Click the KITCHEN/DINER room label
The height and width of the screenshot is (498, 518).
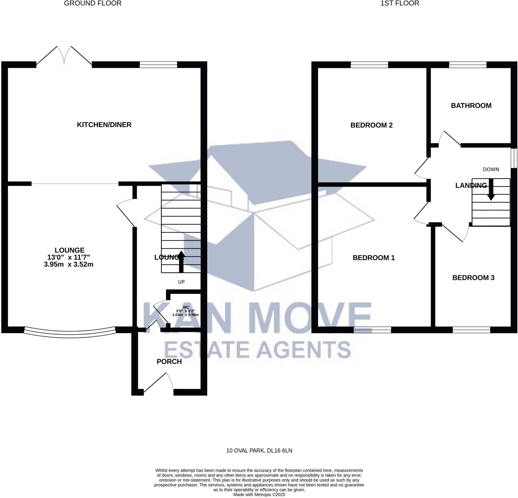(x=104, y=125)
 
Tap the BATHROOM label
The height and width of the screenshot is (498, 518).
(x=471, y=106)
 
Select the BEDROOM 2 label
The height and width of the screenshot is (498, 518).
(x=371, y=125)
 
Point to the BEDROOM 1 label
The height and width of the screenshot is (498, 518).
(x=373, y=258)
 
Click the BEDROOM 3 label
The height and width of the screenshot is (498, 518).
(x=473, y=278)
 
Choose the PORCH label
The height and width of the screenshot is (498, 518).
(x=169, y=362)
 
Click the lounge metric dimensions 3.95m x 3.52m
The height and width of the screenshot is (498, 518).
(x=69, y=264)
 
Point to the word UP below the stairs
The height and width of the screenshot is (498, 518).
(x=181, y=282)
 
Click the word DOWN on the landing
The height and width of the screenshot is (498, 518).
(x=491, y=170)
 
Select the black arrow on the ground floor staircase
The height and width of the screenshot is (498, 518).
(x=181, y=261)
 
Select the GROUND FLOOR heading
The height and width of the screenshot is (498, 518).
(x=93, y=4)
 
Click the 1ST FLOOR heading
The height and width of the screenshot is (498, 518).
(x=400, y=4)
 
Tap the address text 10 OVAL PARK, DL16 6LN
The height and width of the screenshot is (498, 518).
(x=259, y=451)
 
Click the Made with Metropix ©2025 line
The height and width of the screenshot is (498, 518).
(x=259, y=494)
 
